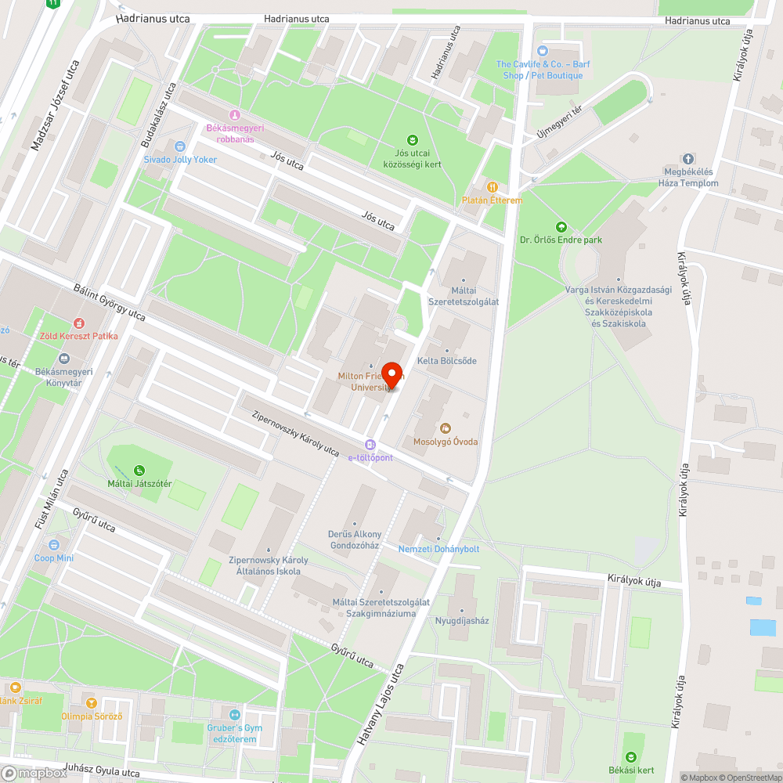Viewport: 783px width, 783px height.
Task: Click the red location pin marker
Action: pos(391,374)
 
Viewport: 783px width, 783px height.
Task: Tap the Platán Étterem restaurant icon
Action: pos(493,187)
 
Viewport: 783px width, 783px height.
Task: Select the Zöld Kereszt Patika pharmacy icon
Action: pos(78,323)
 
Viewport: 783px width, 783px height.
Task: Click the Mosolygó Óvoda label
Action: pos(446,442)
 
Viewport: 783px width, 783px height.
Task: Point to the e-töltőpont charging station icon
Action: pos(370,445)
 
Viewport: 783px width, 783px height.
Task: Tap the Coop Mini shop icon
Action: pos(54,545)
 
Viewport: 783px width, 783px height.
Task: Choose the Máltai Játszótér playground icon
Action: pos(139,470)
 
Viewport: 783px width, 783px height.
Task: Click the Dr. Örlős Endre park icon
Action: pos(560,226)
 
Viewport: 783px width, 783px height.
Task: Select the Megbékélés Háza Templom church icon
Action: pos(689,159)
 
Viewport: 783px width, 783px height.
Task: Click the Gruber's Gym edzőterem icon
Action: pos(234,714)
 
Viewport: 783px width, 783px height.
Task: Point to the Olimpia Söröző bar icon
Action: pos(92,702)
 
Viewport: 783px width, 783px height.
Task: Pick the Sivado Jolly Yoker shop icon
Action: pos(180,146)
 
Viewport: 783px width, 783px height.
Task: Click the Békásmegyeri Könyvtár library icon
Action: pos(63,358)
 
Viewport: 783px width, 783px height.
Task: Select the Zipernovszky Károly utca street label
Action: pos(295,430)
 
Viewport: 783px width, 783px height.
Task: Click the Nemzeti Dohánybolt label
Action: pos(438,549)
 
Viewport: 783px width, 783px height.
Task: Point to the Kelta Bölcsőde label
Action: pos(447,361)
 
